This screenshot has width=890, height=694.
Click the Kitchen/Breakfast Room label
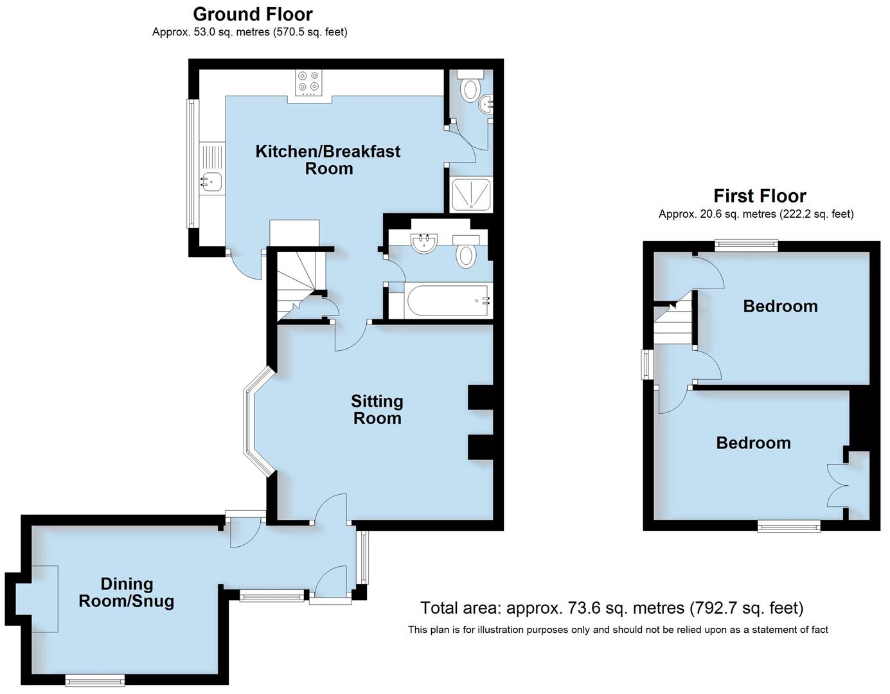point(328,160)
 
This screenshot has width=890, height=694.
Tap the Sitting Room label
point(377,409)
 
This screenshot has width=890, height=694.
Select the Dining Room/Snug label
point(127,592)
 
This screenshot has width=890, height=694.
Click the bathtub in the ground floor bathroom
point(448,300)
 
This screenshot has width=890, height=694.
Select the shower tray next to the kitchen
point(471,195)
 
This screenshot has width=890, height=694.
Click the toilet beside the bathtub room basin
point(466,255)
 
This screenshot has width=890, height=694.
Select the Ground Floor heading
point(253,13)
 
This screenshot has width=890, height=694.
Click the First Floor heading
point(760,195)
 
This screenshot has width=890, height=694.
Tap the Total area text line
point(611,607)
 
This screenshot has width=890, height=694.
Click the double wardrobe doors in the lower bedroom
point(838,486)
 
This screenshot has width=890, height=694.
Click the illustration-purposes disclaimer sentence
point(618,630)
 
